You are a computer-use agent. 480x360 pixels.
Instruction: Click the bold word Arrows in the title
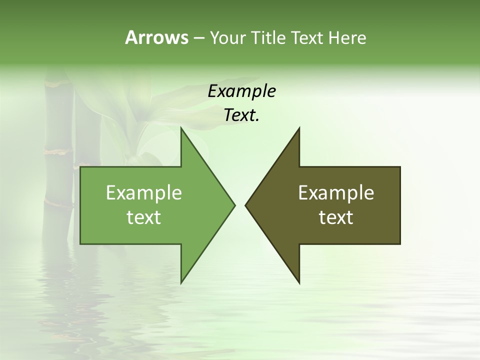click(x=156, y=37)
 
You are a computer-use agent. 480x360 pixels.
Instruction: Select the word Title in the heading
click(x=268, y=38)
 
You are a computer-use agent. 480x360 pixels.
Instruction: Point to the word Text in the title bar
click(x=308, y=38)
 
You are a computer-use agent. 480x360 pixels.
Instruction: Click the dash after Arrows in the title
click(x=198, y=38)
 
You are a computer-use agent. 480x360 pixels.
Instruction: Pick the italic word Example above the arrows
click(x=241, y=91)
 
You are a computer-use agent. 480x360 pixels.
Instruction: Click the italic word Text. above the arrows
click(x=241, y=115)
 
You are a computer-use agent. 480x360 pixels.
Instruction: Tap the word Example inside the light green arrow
click(x=144, y=192)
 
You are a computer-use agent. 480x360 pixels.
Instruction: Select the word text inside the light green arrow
click(x=144, y=217)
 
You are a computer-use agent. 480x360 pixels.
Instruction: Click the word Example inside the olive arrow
click(x=336, y=192)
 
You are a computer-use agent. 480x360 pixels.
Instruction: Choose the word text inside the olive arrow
click(x=336, y=217)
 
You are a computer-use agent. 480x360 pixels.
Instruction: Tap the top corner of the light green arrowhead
click(x=181, y=128)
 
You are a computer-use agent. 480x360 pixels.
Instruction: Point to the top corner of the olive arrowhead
click(x=299, y=128)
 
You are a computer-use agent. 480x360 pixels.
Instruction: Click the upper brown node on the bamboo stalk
click(x=56, y=149)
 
